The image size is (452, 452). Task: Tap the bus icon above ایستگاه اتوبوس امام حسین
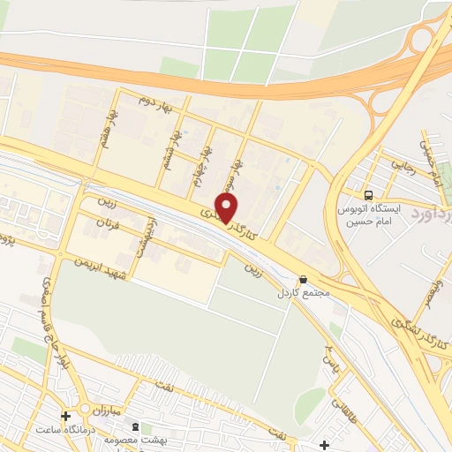[x=368, y=194]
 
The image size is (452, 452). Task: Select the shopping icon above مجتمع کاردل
[x=304, y=278]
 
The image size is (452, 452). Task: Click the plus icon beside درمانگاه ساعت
[x=66, y=416]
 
